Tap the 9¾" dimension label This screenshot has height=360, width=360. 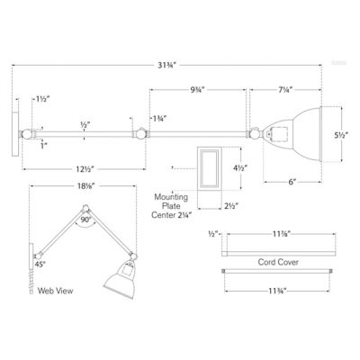tap(202, 90)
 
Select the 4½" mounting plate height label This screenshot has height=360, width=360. tap(240, 166)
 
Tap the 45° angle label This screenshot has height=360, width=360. tap(40, 265)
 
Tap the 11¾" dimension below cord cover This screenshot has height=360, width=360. tap(277, 291)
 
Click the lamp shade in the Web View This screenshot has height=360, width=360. tap(121, 280)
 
